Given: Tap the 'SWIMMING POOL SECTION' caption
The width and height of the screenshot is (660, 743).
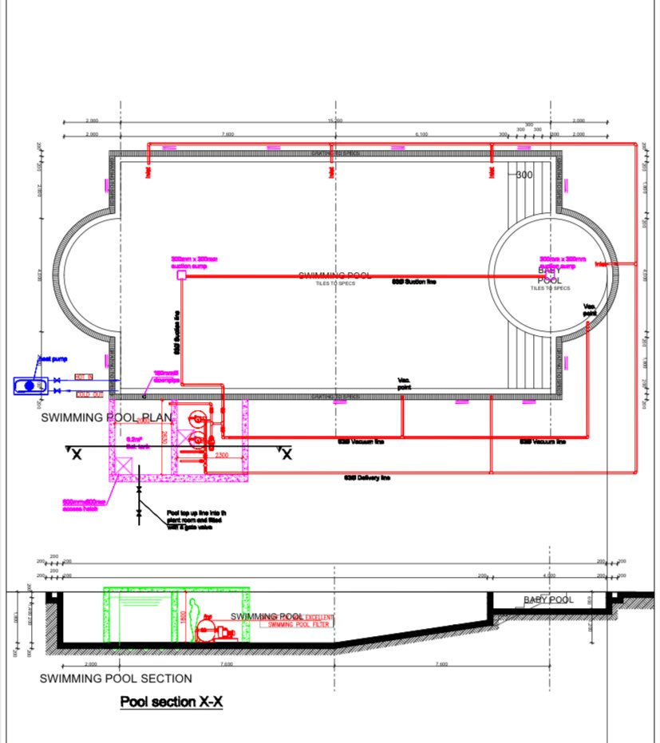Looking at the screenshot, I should [x=116, y=678].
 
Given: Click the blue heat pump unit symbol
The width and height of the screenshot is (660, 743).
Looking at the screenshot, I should [x=30, y=385].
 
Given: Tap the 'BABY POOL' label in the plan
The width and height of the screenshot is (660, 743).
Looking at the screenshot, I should [x=549, y=275].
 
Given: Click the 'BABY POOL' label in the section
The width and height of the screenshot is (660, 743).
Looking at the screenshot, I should [x=548, y=599].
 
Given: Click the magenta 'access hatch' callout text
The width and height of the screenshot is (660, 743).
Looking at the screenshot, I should [x=84, y=505].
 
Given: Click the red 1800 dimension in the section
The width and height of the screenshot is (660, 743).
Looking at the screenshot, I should [x=183, y=615].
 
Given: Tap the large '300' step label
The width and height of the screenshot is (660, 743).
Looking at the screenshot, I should [x=524, y=175].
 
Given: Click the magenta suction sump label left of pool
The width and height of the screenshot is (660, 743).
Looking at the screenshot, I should [x=194, y=263].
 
